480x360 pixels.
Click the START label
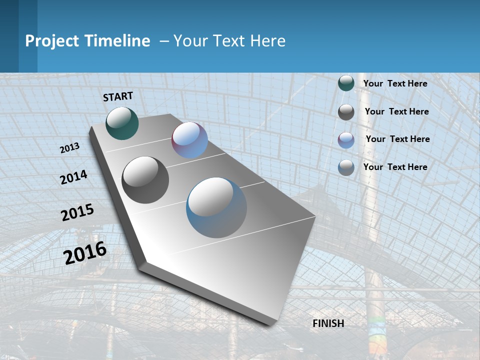[x=118, y=96]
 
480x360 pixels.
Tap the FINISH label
[x=328, y=323]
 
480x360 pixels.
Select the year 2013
[x=69, y=147]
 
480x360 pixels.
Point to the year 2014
[x=73, y=177]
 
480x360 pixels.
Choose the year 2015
[x=77, y=212]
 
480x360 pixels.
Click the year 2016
[x=85, y=253]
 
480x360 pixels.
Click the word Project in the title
[x=50, y=41]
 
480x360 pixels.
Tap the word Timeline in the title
[x=119, y=41]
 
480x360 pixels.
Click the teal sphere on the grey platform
[x=122, y=123]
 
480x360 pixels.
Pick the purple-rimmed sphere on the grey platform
[x=189, y=140]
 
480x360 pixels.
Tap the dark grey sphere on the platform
[x=145, y=180]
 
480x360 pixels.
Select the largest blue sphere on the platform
[x=216, y=207]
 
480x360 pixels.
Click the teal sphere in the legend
[x=346, y=83]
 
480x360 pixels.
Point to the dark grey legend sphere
[x=346, y=112]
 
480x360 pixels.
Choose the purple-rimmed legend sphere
[x=346, y=140]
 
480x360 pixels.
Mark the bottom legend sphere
[x=346, y=167]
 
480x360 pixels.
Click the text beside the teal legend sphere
[x=395, y=83]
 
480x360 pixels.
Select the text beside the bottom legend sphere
[x=395, y=167]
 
